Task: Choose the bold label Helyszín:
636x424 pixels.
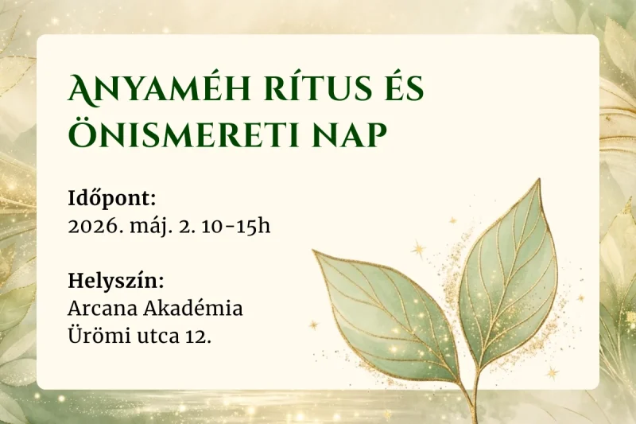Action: click(x=116, y=281)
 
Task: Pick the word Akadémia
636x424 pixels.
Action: click(x=193, y=308)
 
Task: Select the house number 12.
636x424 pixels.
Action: click(x=194, y=335)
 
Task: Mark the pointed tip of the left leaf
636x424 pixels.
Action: click(x=314, y=251)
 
